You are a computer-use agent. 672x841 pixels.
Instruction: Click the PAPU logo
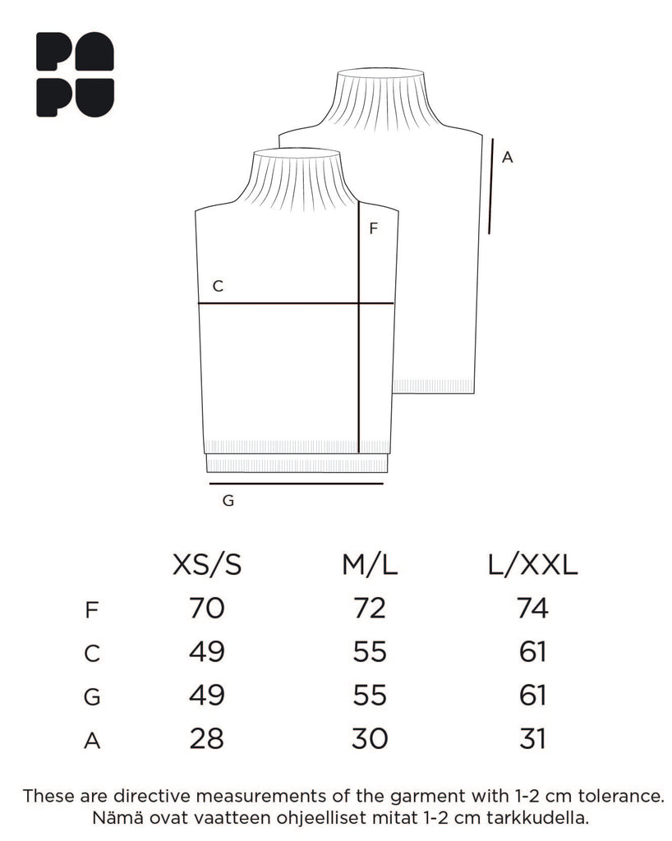tap(75, 75)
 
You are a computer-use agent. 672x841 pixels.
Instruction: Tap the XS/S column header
tap(207, 565)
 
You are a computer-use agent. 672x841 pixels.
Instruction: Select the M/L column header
tap(370, 565)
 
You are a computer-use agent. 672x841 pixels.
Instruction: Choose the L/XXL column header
tap(532, 565)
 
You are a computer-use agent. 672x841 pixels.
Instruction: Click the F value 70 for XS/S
tap(207, 609)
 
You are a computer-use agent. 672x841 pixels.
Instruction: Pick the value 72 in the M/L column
tap(370, 609)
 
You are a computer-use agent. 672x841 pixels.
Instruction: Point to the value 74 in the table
tap(532, 609)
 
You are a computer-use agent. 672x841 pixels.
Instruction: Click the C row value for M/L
tap(370, 651)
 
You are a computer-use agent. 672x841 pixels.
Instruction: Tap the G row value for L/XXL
tap(532, 695)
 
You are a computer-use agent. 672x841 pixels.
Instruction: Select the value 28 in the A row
tap(207, 738)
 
